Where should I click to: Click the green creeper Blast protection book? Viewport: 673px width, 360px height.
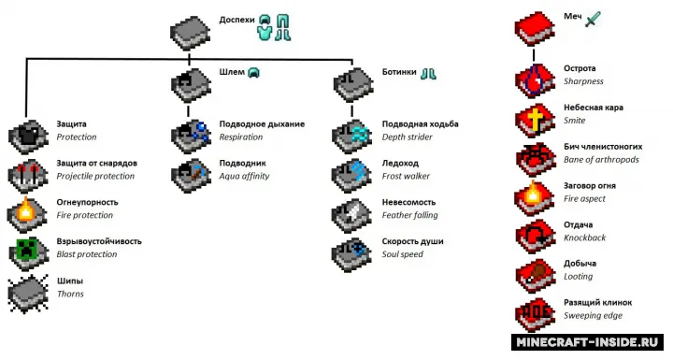pos(28,253)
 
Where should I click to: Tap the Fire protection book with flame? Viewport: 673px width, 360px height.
pos(27,214)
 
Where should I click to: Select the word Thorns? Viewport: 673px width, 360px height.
pos(70,294)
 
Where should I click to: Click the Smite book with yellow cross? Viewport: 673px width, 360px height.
pos(535,120)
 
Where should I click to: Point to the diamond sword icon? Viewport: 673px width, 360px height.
pos(593,20)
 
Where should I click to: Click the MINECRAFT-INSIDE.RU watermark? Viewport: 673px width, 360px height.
pos(587,342)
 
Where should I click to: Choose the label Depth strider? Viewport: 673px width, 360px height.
pos(408,137)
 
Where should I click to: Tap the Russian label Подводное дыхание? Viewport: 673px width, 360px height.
pos(262,124)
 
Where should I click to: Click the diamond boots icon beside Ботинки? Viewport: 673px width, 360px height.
pos(428,74)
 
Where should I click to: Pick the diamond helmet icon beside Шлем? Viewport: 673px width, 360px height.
pos(253,73)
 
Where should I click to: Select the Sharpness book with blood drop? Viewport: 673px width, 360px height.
pos(535,80)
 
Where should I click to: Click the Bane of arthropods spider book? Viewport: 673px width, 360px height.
pos(535,159)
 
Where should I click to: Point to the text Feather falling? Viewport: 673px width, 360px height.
pos(410,215)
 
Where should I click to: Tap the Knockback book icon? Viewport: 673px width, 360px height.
pos(535,238)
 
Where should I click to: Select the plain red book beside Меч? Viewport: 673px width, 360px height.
pos(535,28)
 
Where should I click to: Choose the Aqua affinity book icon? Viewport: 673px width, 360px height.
pos(191,175)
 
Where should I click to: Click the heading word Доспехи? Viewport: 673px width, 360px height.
pos(236,21)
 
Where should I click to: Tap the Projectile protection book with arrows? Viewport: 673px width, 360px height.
pos(28,175)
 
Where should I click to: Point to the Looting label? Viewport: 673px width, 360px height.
pos(579,277)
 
